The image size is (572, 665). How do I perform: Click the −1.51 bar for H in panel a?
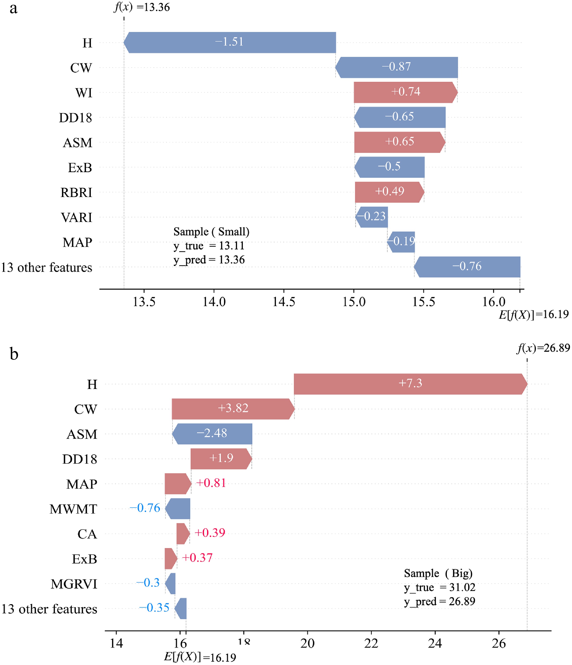tap(230, 42)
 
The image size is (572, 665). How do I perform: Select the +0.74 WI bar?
tap(405, 92)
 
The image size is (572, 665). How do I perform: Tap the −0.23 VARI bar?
tap(372, 217)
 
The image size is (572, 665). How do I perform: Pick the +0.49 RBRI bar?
tap(389, 192)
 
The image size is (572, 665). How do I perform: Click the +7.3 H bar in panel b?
tap(410, 384)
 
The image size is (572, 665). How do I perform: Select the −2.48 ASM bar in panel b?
tap(212, 434)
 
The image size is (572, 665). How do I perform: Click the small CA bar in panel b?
tap(183, 533)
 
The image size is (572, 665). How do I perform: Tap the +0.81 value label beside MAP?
tap(211, 483)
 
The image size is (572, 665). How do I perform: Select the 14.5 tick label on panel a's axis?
tap(284, 302)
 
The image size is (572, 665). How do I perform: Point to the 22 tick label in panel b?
tap(371, 643)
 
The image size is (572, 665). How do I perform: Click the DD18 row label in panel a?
tap(76, 118)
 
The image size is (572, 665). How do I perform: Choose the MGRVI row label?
tap(74, 584)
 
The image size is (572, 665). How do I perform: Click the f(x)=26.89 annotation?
tap(543, 348)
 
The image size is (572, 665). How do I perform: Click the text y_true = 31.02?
tap(439, 587)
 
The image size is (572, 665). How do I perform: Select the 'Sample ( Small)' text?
tap(211, 231)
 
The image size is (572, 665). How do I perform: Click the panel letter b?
tap(14, 354)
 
